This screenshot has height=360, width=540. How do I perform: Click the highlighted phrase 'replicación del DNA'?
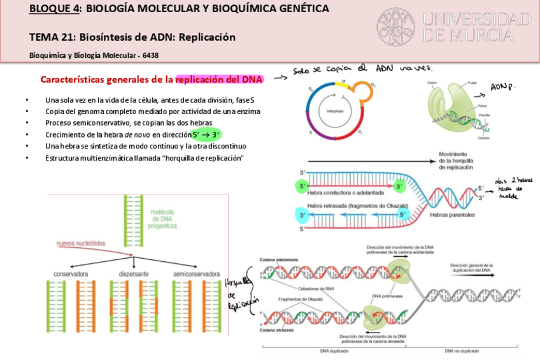(219, 80)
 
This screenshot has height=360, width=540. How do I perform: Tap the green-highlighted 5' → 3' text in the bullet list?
(206, 134)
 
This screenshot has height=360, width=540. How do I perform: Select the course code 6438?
(151, 55)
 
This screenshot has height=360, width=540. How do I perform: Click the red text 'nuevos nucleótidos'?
(82, 243)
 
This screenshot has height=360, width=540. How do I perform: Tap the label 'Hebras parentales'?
(451, 215)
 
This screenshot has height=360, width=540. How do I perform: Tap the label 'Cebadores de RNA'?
(325, 287)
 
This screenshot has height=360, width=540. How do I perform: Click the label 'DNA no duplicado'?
(462, 350)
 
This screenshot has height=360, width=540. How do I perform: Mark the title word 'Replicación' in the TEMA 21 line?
(207, 37)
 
